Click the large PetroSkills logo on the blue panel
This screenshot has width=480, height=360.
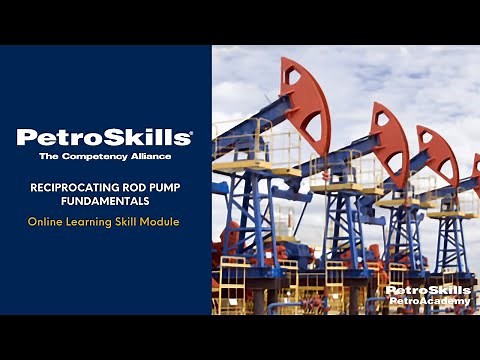point(104,137)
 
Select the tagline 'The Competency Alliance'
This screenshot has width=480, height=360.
point(105,156)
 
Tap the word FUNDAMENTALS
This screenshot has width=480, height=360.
point(105,198)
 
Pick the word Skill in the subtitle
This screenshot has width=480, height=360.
point(127,221)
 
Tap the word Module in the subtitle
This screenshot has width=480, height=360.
point(160,221)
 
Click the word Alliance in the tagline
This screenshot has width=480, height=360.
point(152,156)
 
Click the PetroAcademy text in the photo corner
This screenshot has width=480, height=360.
point(428,301)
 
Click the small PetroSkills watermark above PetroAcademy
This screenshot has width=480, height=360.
point(428,290)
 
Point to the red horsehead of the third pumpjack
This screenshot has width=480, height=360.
point(438,152)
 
